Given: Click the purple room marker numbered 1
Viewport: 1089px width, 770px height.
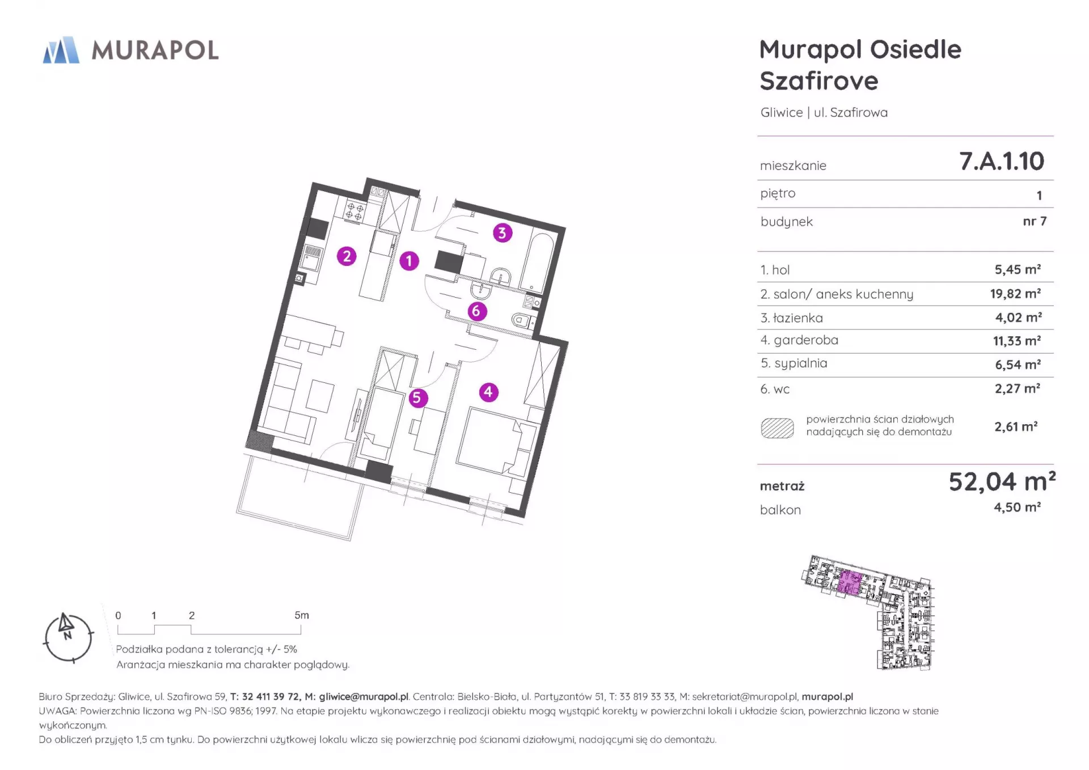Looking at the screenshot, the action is click(409, 261).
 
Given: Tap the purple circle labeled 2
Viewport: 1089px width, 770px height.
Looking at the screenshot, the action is click(347, 256).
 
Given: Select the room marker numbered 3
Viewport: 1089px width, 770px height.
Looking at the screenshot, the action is click(502, 232).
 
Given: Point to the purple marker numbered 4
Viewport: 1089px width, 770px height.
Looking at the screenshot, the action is click(488, 392).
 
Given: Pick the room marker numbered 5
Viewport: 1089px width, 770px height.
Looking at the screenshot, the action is click(417, 398).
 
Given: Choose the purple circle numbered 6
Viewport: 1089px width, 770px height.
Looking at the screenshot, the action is click(476, 311).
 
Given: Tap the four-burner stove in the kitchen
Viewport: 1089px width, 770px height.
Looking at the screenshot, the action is click(355, 212).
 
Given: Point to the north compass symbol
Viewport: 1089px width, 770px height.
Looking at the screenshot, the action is click(68, 638).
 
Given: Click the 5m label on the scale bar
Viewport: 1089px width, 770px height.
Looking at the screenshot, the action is click(302, 615).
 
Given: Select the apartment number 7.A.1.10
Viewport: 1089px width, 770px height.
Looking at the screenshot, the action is click(1002, 161).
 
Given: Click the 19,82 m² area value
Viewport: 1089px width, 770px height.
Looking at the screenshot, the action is click(1015, 294).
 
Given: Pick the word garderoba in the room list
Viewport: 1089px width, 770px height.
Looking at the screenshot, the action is click(806, 340).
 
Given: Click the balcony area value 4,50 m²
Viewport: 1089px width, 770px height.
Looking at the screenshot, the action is click(1017, 507).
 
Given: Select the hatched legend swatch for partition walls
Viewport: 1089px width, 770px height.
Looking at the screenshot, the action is click(777, 428).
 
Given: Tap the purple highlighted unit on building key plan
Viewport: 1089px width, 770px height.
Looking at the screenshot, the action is click(850, 582).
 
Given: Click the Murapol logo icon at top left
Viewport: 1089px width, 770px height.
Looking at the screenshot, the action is click(61, 50).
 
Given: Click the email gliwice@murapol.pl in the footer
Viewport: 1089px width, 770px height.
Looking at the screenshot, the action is click(364, 696).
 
